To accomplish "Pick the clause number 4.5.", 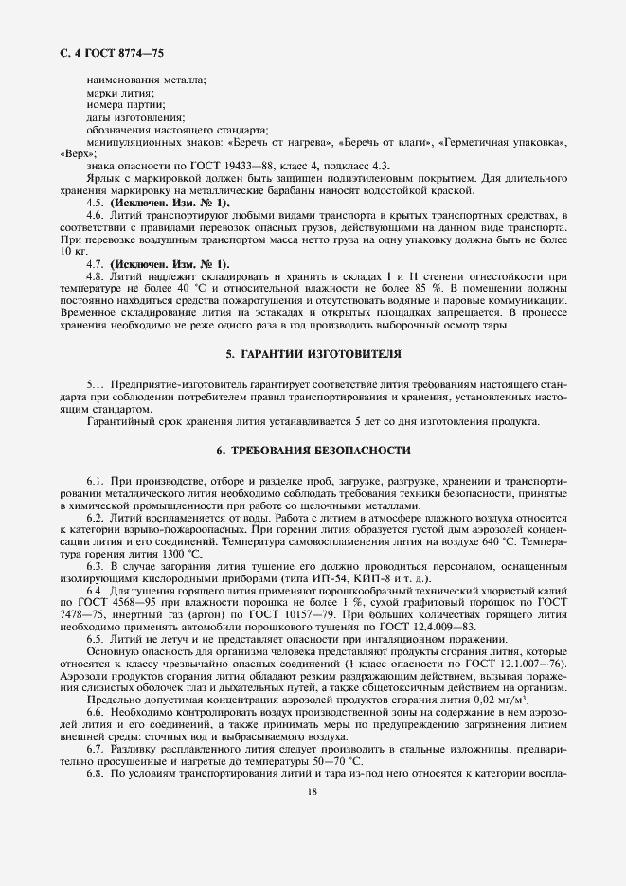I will (96, 204).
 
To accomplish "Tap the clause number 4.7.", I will (96, 262).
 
